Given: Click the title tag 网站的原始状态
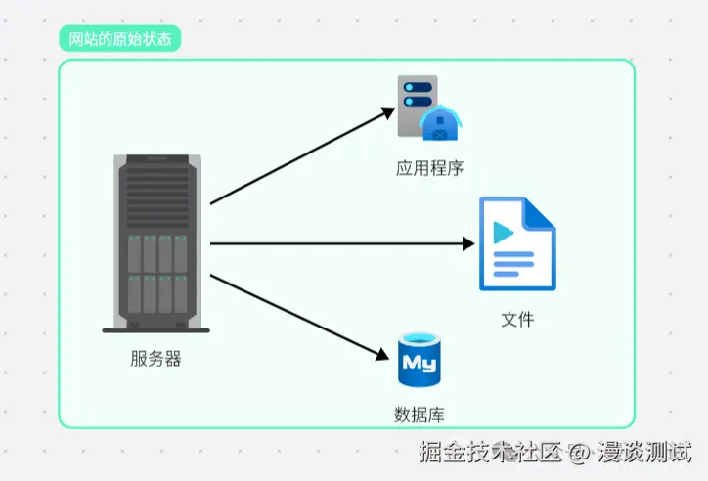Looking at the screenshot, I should pyautogui.click(x=119, y=39).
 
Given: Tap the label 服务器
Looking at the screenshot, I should pyautogui.click(x=155, y=359).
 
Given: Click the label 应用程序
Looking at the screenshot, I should pyautogui.click(x=429, y=167).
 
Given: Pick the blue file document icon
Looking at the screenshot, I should pyautogui.click(x=516, y=244).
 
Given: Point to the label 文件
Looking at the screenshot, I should pyautogui.click(x=517, y=319).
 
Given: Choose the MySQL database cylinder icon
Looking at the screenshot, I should pyautogui.click(x=420, y=361).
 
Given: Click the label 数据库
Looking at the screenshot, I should pyautogui.click(x=420, y=415).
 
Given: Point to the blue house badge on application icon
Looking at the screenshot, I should pyautogui.click(x=441, y=123).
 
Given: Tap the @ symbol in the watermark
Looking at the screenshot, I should pyautogui.click(x=581, y=453).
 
